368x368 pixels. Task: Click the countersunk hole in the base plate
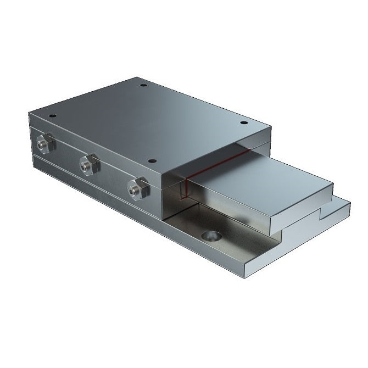[x=210, y=237]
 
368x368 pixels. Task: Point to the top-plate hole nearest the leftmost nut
[x=52, y=116]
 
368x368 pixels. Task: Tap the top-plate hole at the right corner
[x=243, y=124]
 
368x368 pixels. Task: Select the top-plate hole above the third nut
[x=152, y=161]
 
